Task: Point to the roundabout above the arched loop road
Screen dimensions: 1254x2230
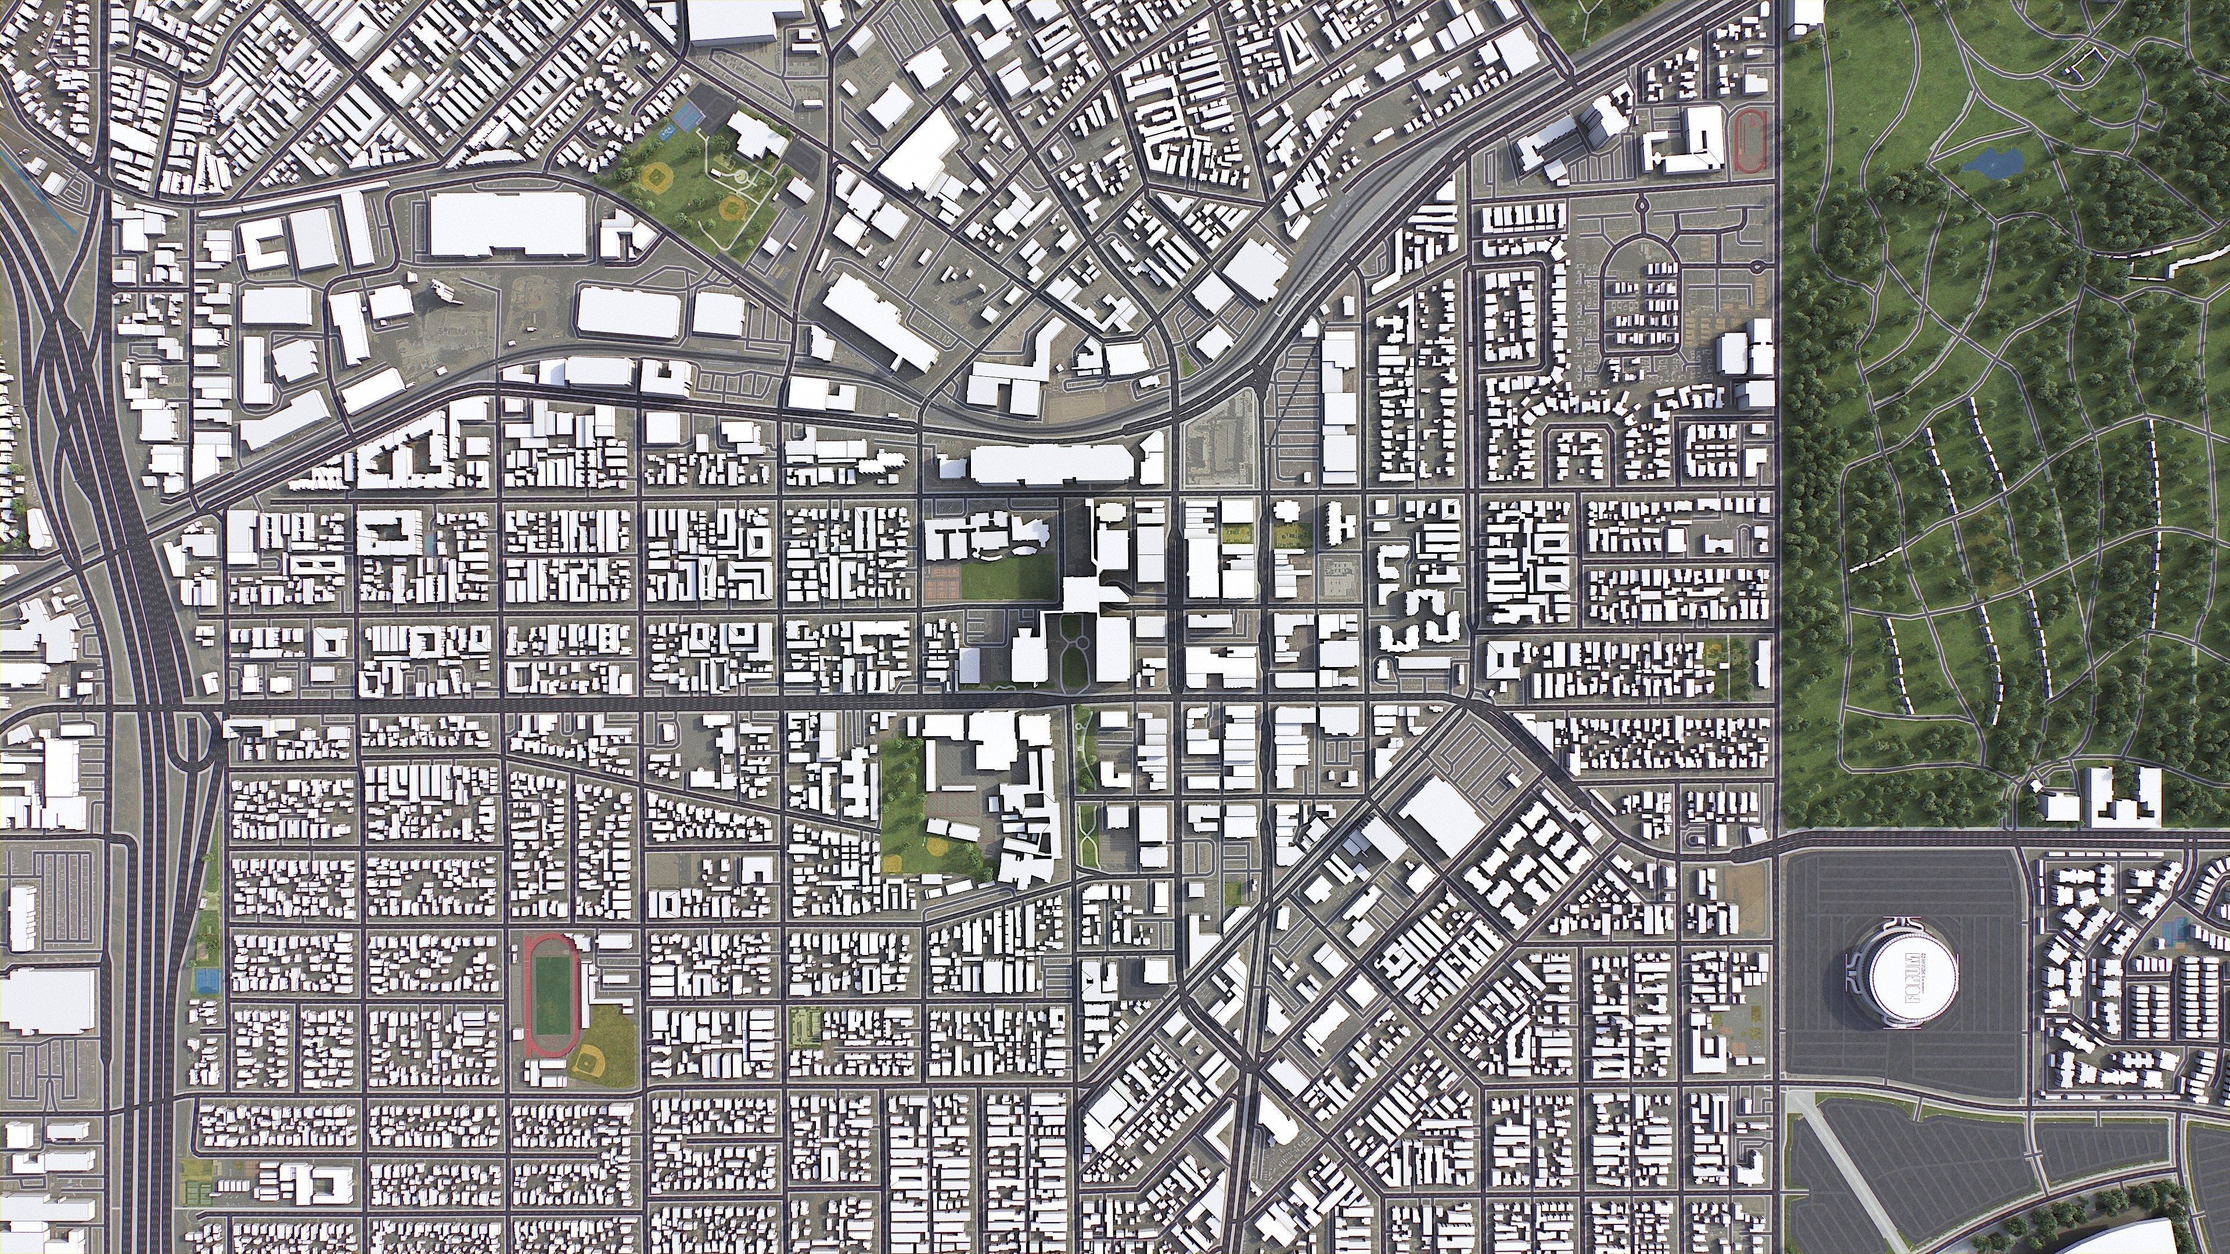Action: [1641, 205]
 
